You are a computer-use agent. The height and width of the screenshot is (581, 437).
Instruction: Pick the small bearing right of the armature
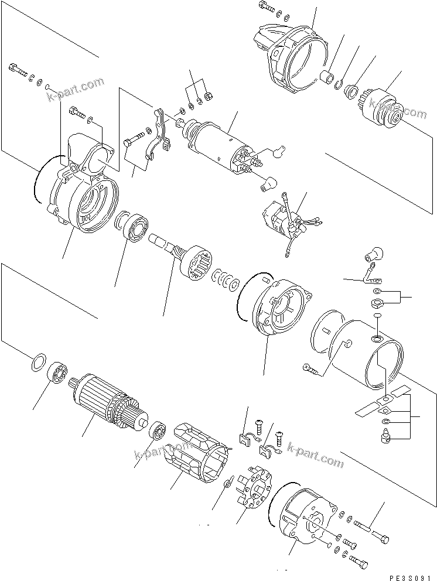tap(157, 432)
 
